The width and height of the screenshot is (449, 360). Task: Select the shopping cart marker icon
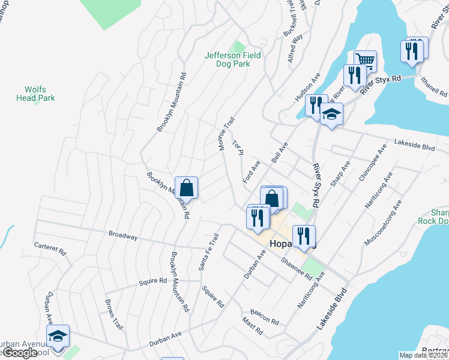pyautogui.click(x=365, y=61)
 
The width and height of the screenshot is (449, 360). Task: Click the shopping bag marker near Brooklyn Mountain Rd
pyautogui.click(x=187, y=187)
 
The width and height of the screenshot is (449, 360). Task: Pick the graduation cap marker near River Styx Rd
pyautogui.click(x=331, y=115)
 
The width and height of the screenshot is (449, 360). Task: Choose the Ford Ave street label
pyautogui.click(x=251, y=172)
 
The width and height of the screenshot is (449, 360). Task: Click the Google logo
pyautogui.click(x=20, y=353)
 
